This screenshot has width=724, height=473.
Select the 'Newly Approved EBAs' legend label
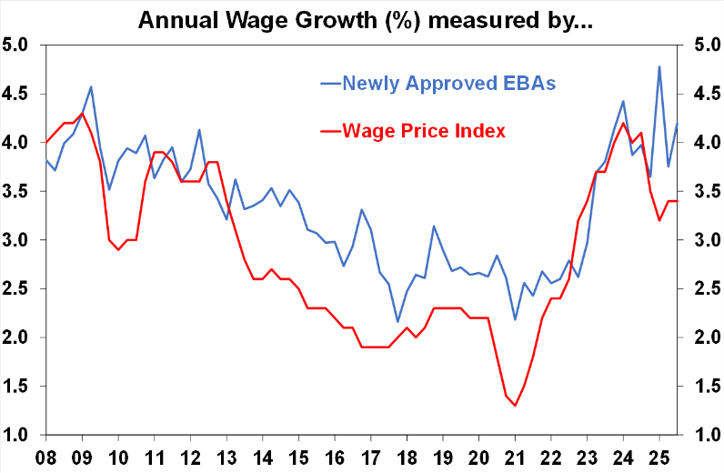(x=448, y=83)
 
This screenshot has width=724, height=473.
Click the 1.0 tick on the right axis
(x=705, y=436)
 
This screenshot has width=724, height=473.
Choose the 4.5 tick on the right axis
(x=705, y=94)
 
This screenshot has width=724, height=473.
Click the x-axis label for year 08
(x=46, y=455)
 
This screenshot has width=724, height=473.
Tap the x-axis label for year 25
(x=659, y=455)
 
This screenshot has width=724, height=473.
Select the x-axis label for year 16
(x=335, y=455)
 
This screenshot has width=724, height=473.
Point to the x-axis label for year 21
(x=515, y=455)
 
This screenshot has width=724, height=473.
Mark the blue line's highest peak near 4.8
(x=659, y=66)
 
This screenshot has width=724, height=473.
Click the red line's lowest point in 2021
(x=515, y=406)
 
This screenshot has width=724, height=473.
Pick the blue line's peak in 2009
(x=91, y=87)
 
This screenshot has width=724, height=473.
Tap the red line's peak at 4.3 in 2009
(x=83, y=114)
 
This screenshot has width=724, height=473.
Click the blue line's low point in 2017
(x=397, y=321)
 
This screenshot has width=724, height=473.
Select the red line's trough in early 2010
(x=118, y=250)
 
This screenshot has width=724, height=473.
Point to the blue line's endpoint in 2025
(x=677, y=123)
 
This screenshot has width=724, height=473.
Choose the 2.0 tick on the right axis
(x=705, y=338)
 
